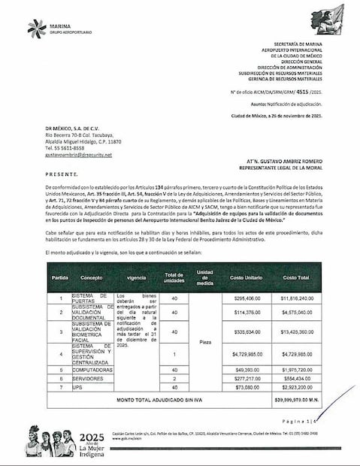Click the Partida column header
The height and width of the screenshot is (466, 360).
(59, 277)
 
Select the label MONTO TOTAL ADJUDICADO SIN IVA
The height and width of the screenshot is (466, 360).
(159, 401)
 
